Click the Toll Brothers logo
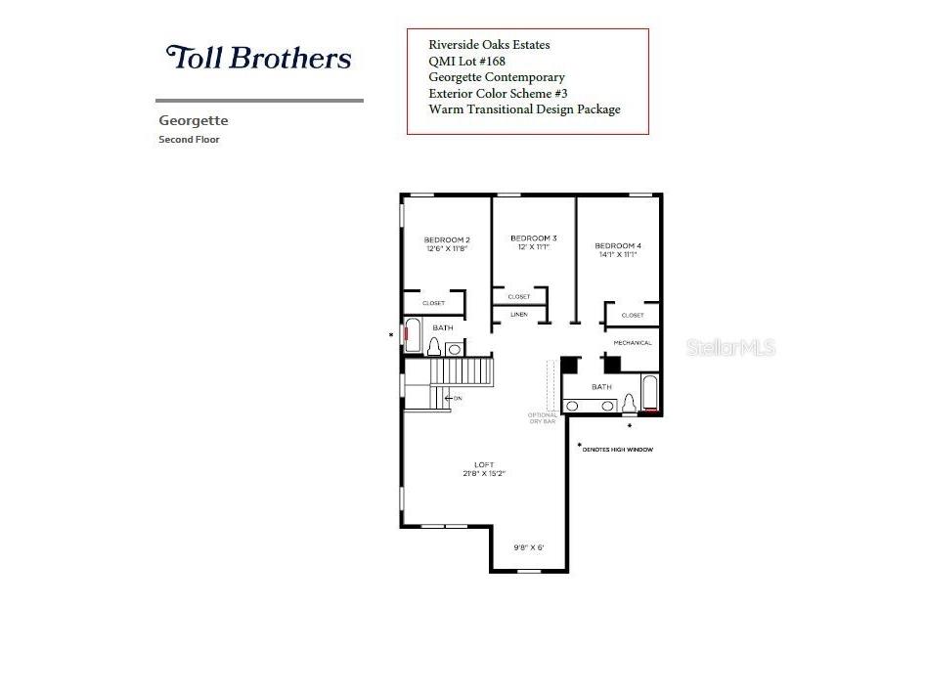coord(258,58)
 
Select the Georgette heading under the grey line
coord(194,121)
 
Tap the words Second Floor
coord(190,140)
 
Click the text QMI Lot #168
coord(466,61)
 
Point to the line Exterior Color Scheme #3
coord(498,94)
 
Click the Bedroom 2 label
coord(447,240)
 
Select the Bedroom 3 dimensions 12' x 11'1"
coord(534,247)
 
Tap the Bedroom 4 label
coord(618,245)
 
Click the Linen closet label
coord(519,315)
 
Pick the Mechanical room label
coord(633,343)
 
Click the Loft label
coord(484,464)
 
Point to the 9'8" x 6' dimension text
coord(528,547)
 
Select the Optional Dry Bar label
coord(543,417)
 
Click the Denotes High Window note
coord(617,450)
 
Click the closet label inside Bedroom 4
coord(633,316)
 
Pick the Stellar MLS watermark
coord(730,347)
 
